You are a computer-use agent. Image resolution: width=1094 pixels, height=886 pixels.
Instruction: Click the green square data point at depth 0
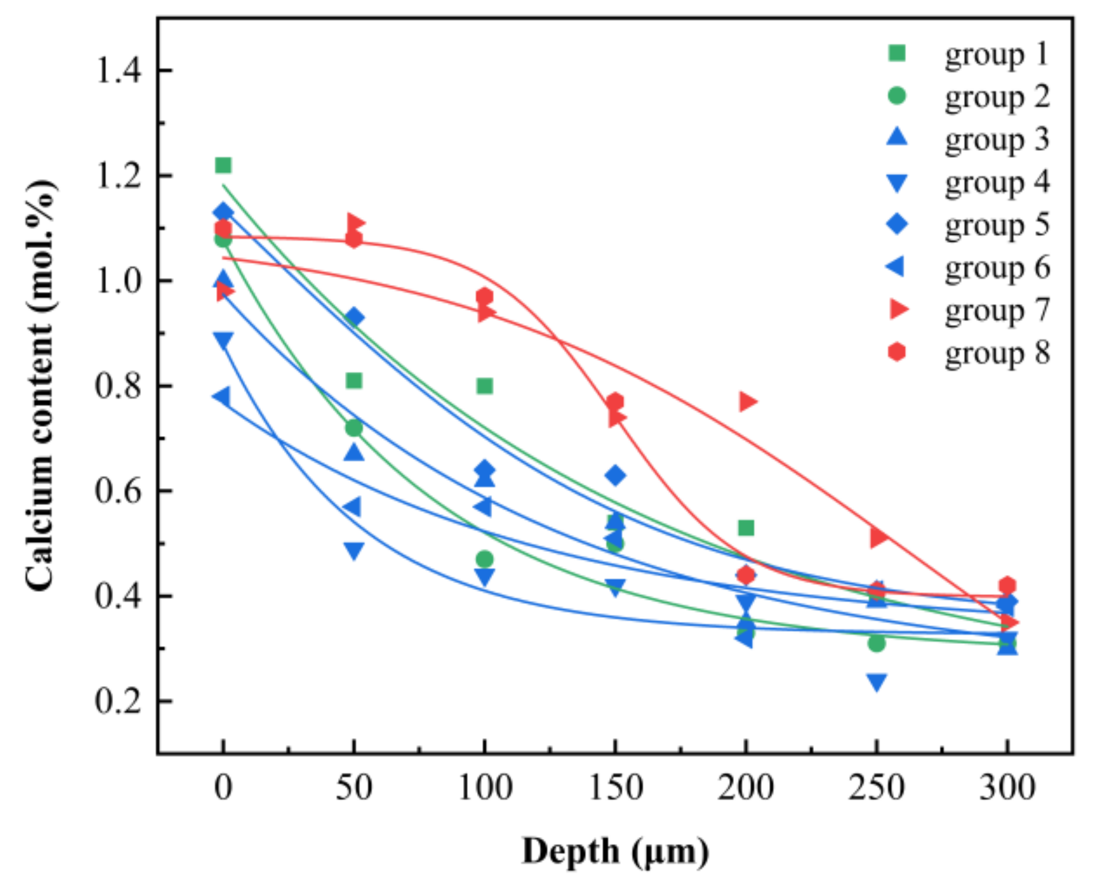[x=223, y=165]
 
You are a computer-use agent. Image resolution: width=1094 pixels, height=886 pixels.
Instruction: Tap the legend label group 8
[x=996, y=352]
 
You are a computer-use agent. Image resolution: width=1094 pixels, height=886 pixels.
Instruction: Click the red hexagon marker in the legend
[x=897, y=352]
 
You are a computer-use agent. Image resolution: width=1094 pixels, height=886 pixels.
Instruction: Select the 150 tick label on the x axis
[x=615, y=788]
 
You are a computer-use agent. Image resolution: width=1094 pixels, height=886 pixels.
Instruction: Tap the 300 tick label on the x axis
[x=1007, y=788]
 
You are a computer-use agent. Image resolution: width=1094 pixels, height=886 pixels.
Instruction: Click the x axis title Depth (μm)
[x=615, y=851]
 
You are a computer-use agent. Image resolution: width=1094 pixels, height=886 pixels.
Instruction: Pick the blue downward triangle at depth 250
[x=876, y=682]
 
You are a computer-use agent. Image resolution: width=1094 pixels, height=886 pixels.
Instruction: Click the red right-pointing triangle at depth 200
[x=747, y=402]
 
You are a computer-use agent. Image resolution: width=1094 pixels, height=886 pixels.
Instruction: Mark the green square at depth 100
[x=485, y=386]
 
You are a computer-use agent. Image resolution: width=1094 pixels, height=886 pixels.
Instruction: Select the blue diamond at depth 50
[x=354, y=317]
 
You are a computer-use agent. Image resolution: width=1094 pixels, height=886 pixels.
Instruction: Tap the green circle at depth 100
[x=485, y=560]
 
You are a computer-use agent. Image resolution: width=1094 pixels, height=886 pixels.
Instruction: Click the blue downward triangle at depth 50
[x=354, y=550]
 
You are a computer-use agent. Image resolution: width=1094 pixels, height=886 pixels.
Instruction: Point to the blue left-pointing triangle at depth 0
[x=222, y=396]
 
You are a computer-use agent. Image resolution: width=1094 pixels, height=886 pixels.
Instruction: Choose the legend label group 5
[x=996, y=225]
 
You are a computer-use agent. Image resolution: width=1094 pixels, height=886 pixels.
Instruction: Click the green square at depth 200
[x=746, y=528]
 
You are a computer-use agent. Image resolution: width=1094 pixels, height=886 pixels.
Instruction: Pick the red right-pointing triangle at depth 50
[x=355, y=223]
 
